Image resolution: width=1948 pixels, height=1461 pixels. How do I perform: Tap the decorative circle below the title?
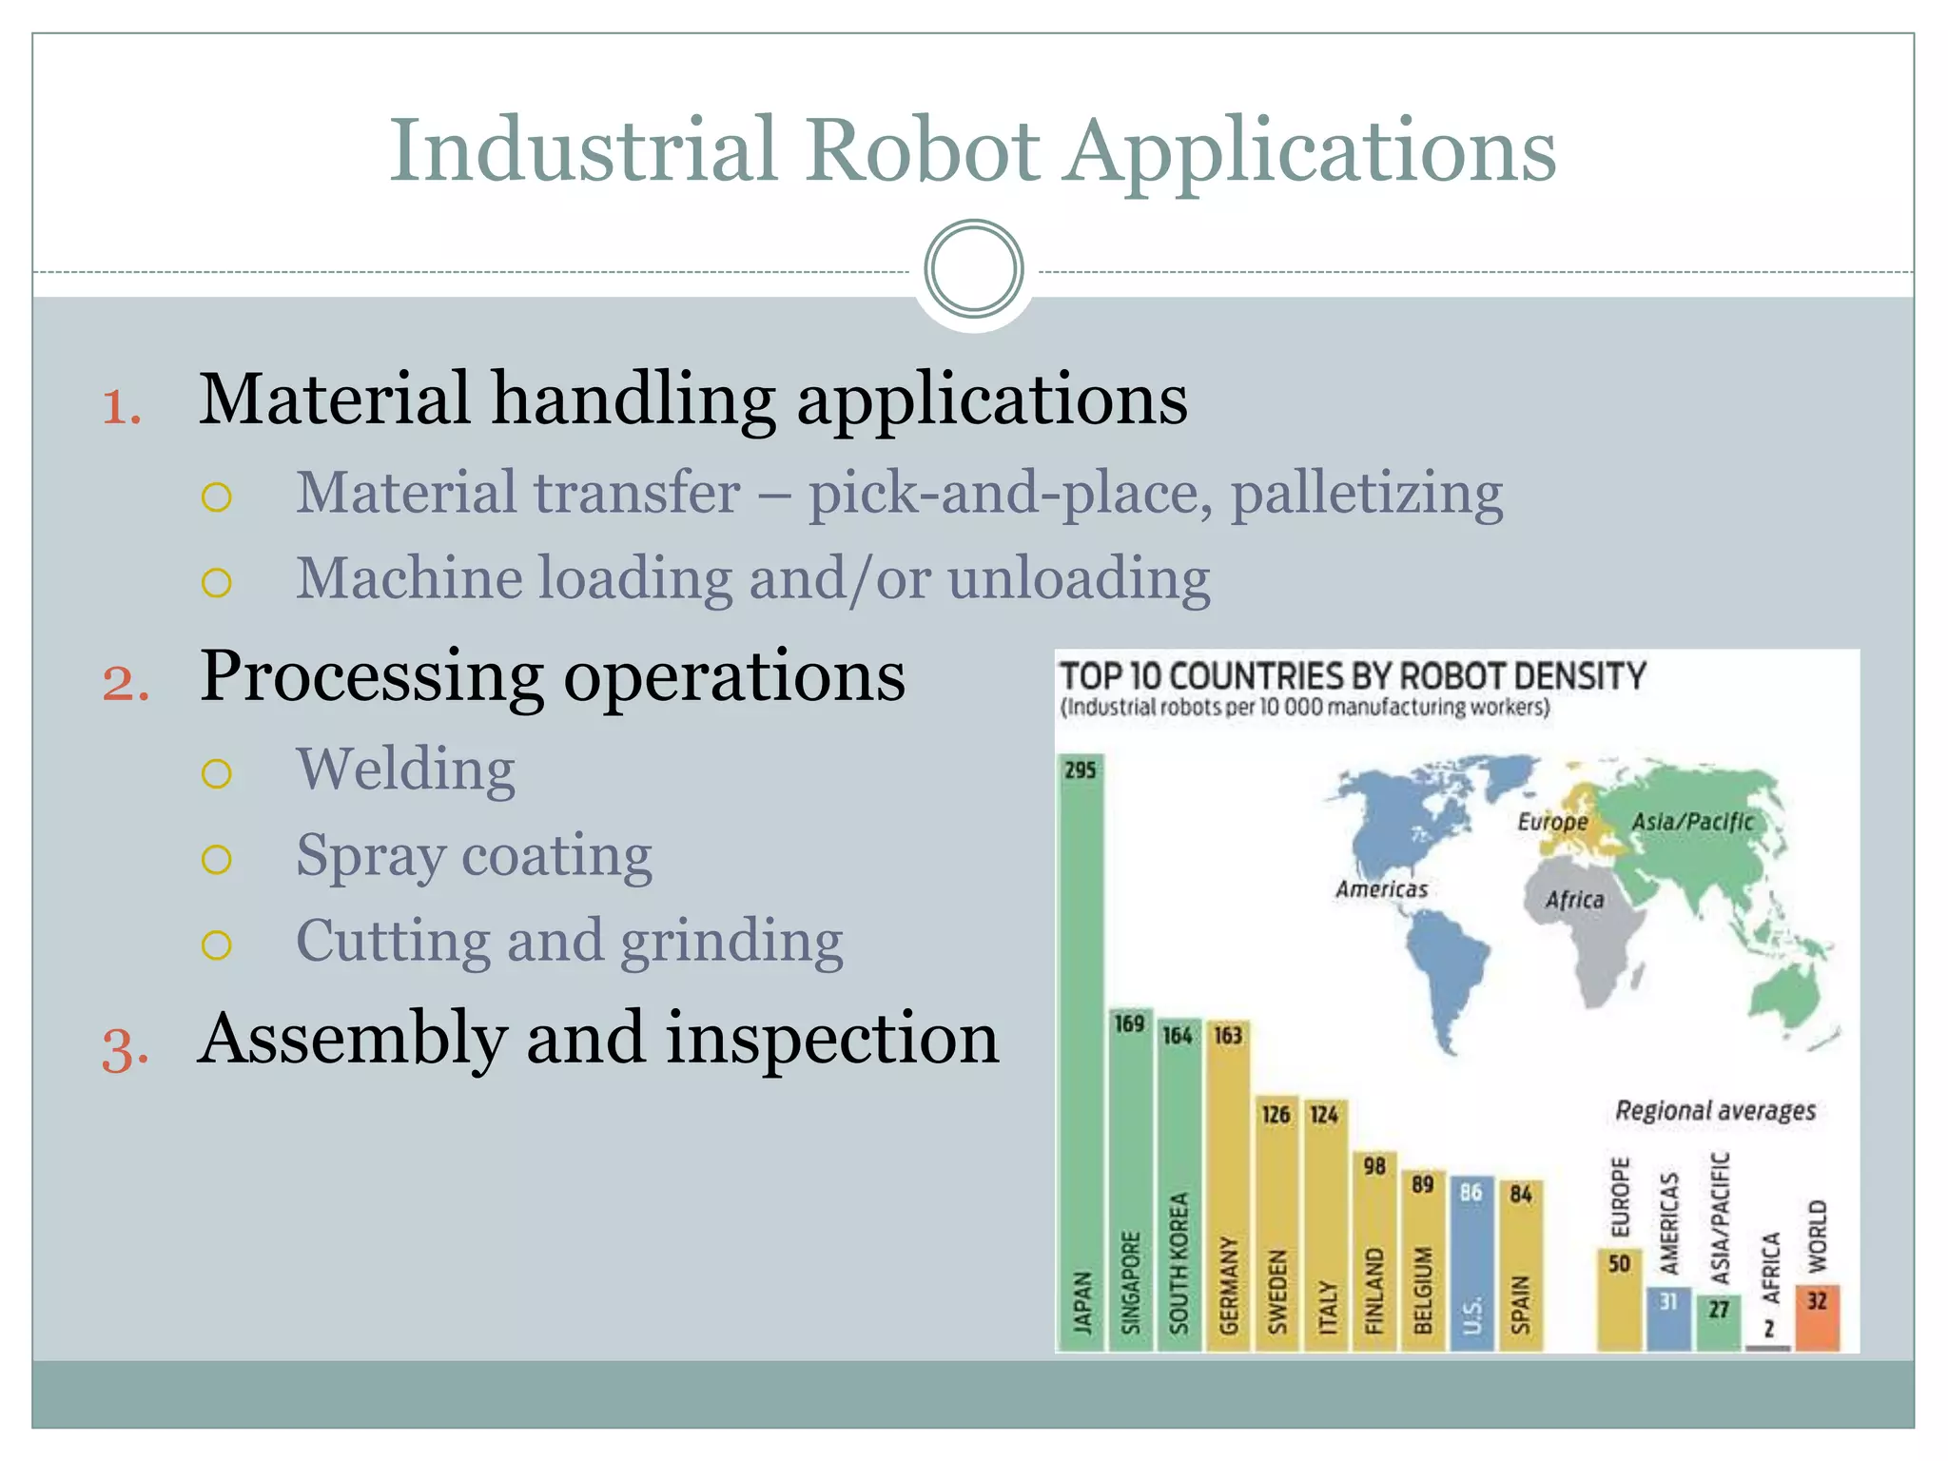[x=973, y=269]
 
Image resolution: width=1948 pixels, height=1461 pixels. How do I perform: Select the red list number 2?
[x=126, y=683]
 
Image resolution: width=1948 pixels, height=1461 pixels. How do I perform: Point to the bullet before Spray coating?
[x=217, y=859]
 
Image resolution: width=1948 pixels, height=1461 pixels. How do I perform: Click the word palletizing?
[x=1367, y=495]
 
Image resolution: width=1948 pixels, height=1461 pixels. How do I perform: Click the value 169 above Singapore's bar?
[x=1129, y=1023]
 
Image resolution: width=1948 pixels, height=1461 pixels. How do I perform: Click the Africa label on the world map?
[x=1574, y=900]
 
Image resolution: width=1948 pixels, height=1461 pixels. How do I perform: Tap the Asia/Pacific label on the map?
[x=1692, y=822]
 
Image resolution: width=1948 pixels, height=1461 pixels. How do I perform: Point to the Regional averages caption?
[x=1715, y=1111]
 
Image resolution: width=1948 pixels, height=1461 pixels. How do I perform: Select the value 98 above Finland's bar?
[x=1373, y=1166]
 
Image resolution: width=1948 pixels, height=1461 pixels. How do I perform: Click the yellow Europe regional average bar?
[x=1619, y=1300]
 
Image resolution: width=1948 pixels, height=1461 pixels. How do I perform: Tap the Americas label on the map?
[x=1381, y=889]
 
